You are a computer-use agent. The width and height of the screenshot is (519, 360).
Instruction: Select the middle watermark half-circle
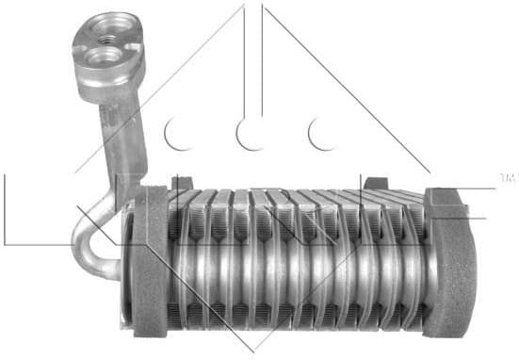(x=250, y=135)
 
